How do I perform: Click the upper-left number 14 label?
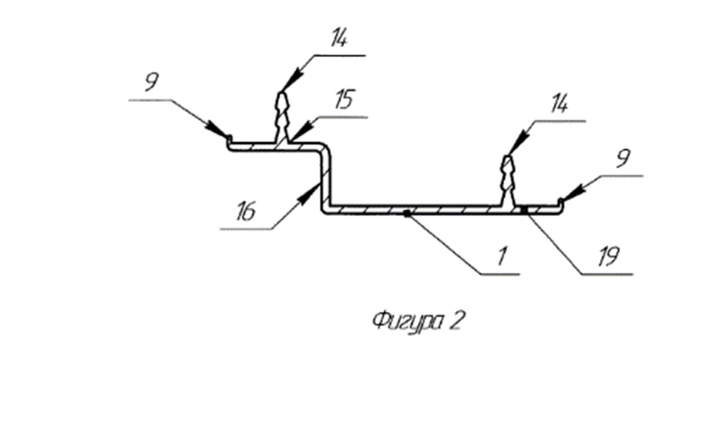[x=339, y=38]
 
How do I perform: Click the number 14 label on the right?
[x=559, y=104]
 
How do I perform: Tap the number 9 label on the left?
[x=152, y=82]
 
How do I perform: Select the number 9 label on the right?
[x=624, y=159]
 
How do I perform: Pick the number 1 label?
[x=502, y=256]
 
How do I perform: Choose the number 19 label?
[x=609, y=256]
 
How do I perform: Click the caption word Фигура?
[x=408, y=322]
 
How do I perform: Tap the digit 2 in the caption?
[x=455, y=321]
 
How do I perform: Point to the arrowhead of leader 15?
[x=302, y=131]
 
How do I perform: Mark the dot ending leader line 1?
[x=408, y=214]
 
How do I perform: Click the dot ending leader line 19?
[x=524, y=210]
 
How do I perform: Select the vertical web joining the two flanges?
[x=326, y=179]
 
